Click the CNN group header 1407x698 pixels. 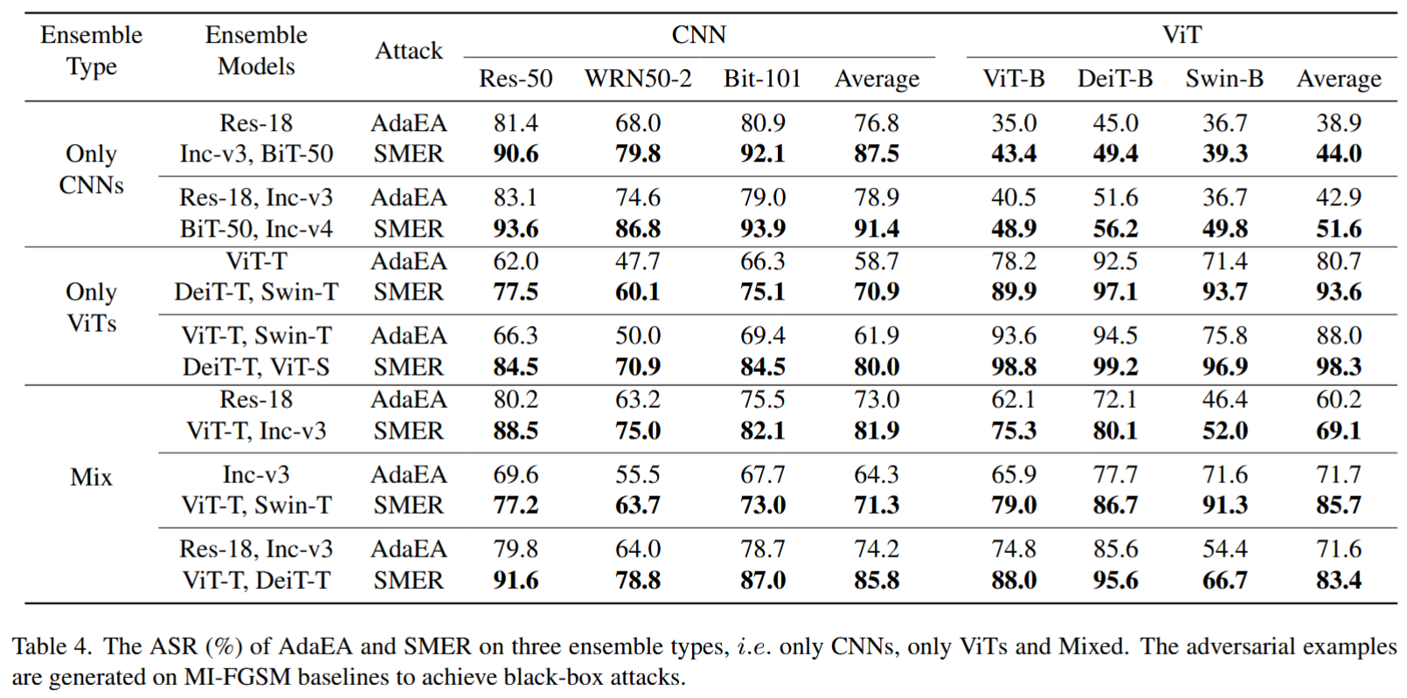point(698,35)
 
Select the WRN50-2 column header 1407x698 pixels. point(637,79)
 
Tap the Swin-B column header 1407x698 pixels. point(1223,79)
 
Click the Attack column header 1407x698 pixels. point(408,51)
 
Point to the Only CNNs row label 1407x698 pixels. point(91,169)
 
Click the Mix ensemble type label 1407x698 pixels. point(91,477)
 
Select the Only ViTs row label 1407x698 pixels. point(91,308)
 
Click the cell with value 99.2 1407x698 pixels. point(1114,367)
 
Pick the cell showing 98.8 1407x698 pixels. point(1013,367)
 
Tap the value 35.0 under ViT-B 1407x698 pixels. point(1013,123)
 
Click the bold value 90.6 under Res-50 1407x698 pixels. point(516,154)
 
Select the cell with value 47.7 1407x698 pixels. point(637,261)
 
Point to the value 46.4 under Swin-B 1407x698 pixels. point(1223,399)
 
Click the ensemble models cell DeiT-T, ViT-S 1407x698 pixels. point(256,367)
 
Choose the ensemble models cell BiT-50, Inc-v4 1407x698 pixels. point(256,229)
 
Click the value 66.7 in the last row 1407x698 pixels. point(1223,580)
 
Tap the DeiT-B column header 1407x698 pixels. point(1114,79)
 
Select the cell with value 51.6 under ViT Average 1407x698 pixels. point(1338,229)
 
